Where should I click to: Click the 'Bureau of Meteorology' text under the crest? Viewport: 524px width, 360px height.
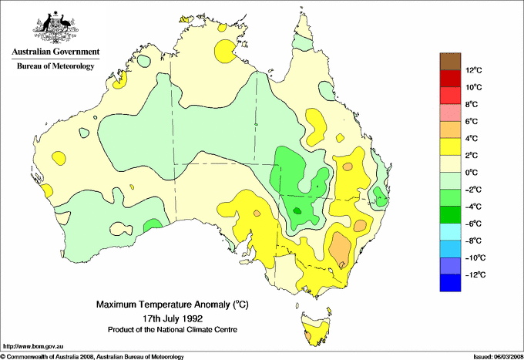(x=55, y=66)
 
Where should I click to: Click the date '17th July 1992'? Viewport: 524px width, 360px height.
(x=172, y=318)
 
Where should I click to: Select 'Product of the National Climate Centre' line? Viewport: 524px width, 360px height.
(x=172, y=329)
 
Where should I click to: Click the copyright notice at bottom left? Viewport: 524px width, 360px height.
(x=92, y=356)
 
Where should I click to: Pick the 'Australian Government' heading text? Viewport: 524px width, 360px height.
(x=55, y=52)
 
